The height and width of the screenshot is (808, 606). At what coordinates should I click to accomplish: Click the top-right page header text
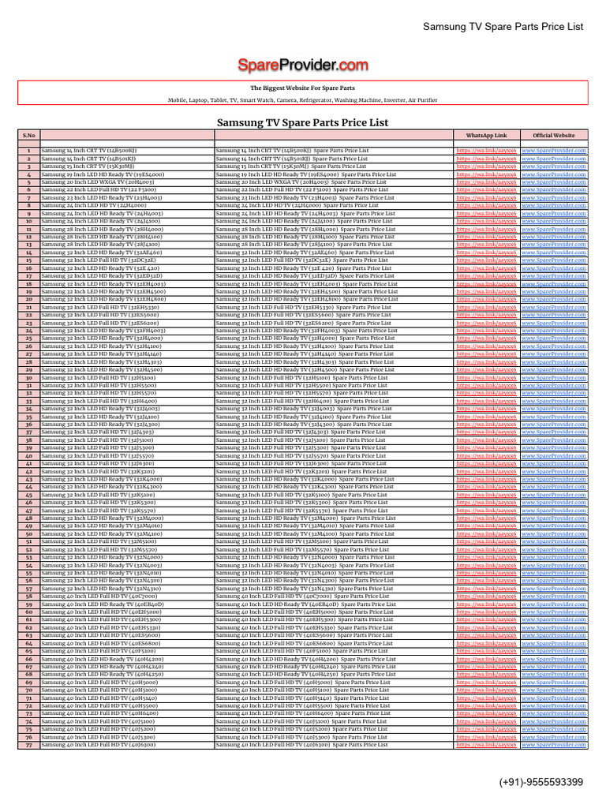click(503, 26)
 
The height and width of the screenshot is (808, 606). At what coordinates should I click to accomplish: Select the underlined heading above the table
click(303, 123)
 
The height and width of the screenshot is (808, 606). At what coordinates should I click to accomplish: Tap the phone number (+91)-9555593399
click(541, 782)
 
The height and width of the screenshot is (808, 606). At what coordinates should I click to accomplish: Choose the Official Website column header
click(564, 136)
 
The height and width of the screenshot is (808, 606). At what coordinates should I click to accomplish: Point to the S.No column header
click(28, 136)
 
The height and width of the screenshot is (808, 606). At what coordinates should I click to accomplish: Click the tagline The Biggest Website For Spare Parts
click(303, 88)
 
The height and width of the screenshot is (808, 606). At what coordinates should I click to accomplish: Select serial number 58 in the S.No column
click(28, 596)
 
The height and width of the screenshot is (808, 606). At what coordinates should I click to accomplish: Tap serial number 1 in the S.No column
click(28, 150)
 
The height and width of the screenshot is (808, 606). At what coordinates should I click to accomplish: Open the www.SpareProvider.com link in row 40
click(564, 455)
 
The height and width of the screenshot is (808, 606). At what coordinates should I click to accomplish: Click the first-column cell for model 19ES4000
click(103, 174)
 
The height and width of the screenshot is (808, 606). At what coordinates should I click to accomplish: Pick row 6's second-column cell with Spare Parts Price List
click(304, 189)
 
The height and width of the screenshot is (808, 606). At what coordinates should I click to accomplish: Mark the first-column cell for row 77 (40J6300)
click(98, 744)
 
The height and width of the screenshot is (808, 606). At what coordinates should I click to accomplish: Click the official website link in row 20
click(564, 299)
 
